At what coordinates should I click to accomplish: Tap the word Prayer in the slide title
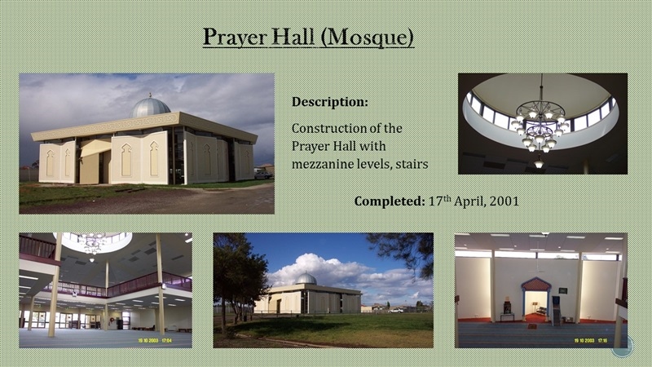pyautogui.click(x=235, y=38)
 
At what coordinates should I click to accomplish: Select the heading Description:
pyautogui.click(x=330, y=101)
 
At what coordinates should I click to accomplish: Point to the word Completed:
pyautogui.click(x=389, y=201)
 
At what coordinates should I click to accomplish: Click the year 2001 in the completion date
pyautogui.click(x=504, y=201)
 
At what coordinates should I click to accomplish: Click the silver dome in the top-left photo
pyautogui.click(x=150, y=108)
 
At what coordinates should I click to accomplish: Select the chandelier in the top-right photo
pyautogui.click(x=540, y=125)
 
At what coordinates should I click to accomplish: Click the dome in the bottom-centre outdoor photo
pyautogui.click(x=306, y=279)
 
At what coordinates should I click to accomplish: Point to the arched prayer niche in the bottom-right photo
pyautogui.click(x=536, y=297)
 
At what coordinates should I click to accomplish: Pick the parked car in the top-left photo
pyautogui.click(x=263, y=175)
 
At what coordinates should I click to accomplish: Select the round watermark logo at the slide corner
pyautogui.click(x=623, y=346)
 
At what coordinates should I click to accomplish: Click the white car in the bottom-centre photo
pyautogui.click(x=397, y=310)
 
